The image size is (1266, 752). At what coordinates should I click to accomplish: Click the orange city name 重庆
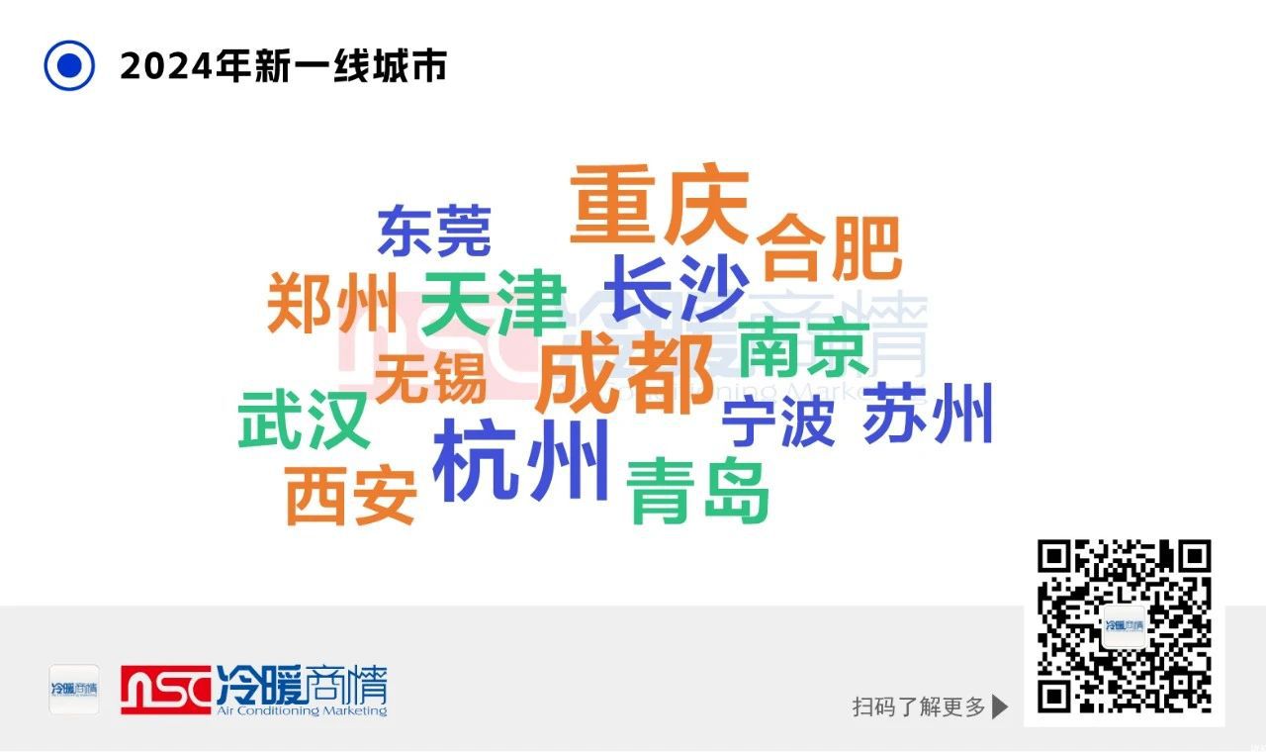(660, 204)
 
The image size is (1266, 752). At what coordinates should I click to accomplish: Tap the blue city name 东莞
(434, 231)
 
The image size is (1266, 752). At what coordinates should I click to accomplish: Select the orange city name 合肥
(829, 247)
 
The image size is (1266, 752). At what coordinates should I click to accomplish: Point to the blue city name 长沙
(677, 287)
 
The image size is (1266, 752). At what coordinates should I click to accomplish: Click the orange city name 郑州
(332, 303)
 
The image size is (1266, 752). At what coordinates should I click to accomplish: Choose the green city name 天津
(494, 303)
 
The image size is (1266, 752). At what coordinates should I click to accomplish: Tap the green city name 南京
(804, 346)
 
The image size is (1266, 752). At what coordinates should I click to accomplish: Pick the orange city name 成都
(624, 373)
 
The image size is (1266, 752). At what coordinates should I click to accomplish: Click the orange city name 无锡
(430, 378)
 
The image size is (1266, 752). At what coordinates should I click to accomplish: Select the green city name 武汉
(304, 419)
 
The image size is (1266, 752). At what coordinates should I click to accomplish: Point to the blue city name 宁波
(777, 422)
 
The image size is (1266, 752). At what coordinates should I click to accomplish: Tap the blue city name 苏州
(928, 413)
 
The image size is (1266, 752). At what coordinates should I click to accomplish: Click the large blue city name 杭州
(520, 460)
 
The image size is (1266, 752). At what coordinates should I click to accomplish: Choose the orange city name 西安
(351, 496)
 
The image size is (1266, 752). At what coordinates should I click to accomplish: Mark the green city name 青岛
(698, 491)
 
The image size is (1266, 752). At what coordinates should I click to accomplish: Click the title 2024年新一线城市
(284, 66)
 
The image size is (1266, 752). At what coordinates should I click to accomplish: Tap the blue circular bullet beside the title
(69, 65)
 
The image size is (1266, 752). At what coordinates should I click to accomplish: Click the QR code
(1125, 626)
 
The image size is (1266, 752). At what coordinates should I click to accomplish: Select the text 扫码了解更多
(919, 706)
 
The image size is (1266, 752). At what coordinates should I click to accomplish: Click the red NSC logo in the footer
(165, 690)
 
